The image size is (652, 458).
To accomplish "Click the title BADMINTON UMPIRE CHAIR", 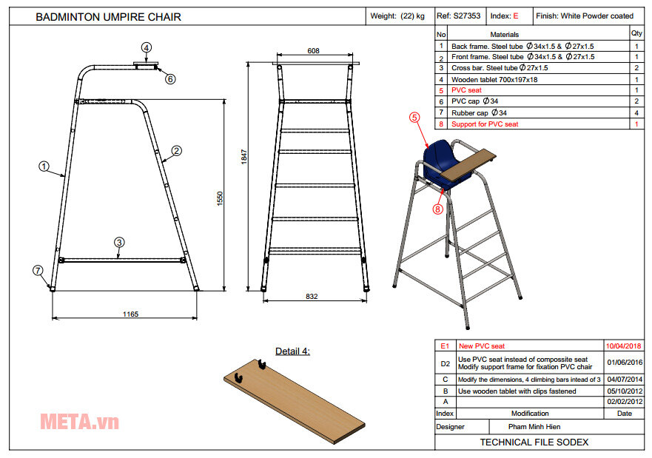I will click(x=108, y=17).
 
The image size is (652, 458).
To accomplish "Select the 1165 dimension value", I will click(x=130, y=314).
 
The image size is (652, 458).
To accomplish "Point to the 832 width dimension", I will click(x=312, y=297).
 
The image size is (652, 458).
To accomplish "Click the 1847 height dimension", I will click(x=243, y=156).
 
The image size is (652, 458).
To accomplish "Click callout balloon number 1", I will click(x=44, y=167).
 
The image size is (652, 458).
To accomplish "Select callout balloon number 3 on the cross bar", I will click(x=118, y=242).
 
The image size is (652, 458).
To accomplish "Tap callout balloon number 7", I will click(x=38, y=270).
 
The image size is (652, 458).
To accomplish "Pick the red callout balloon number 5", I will click(x=414, y=116).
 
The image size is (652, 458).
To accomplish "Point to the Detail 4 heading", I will click(x=292, y=351).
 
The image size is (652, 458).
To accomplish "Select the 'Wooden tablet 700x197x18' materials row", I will click(x=494, y=79).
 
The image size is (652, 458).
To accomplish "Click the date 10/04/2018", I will click(x=624, y=346).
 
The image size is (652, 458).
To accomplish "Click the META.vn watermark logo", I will click(x=79, y=422).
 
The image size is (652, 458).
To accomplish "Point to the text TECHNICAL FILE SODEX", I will click(x=534, y=442).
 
